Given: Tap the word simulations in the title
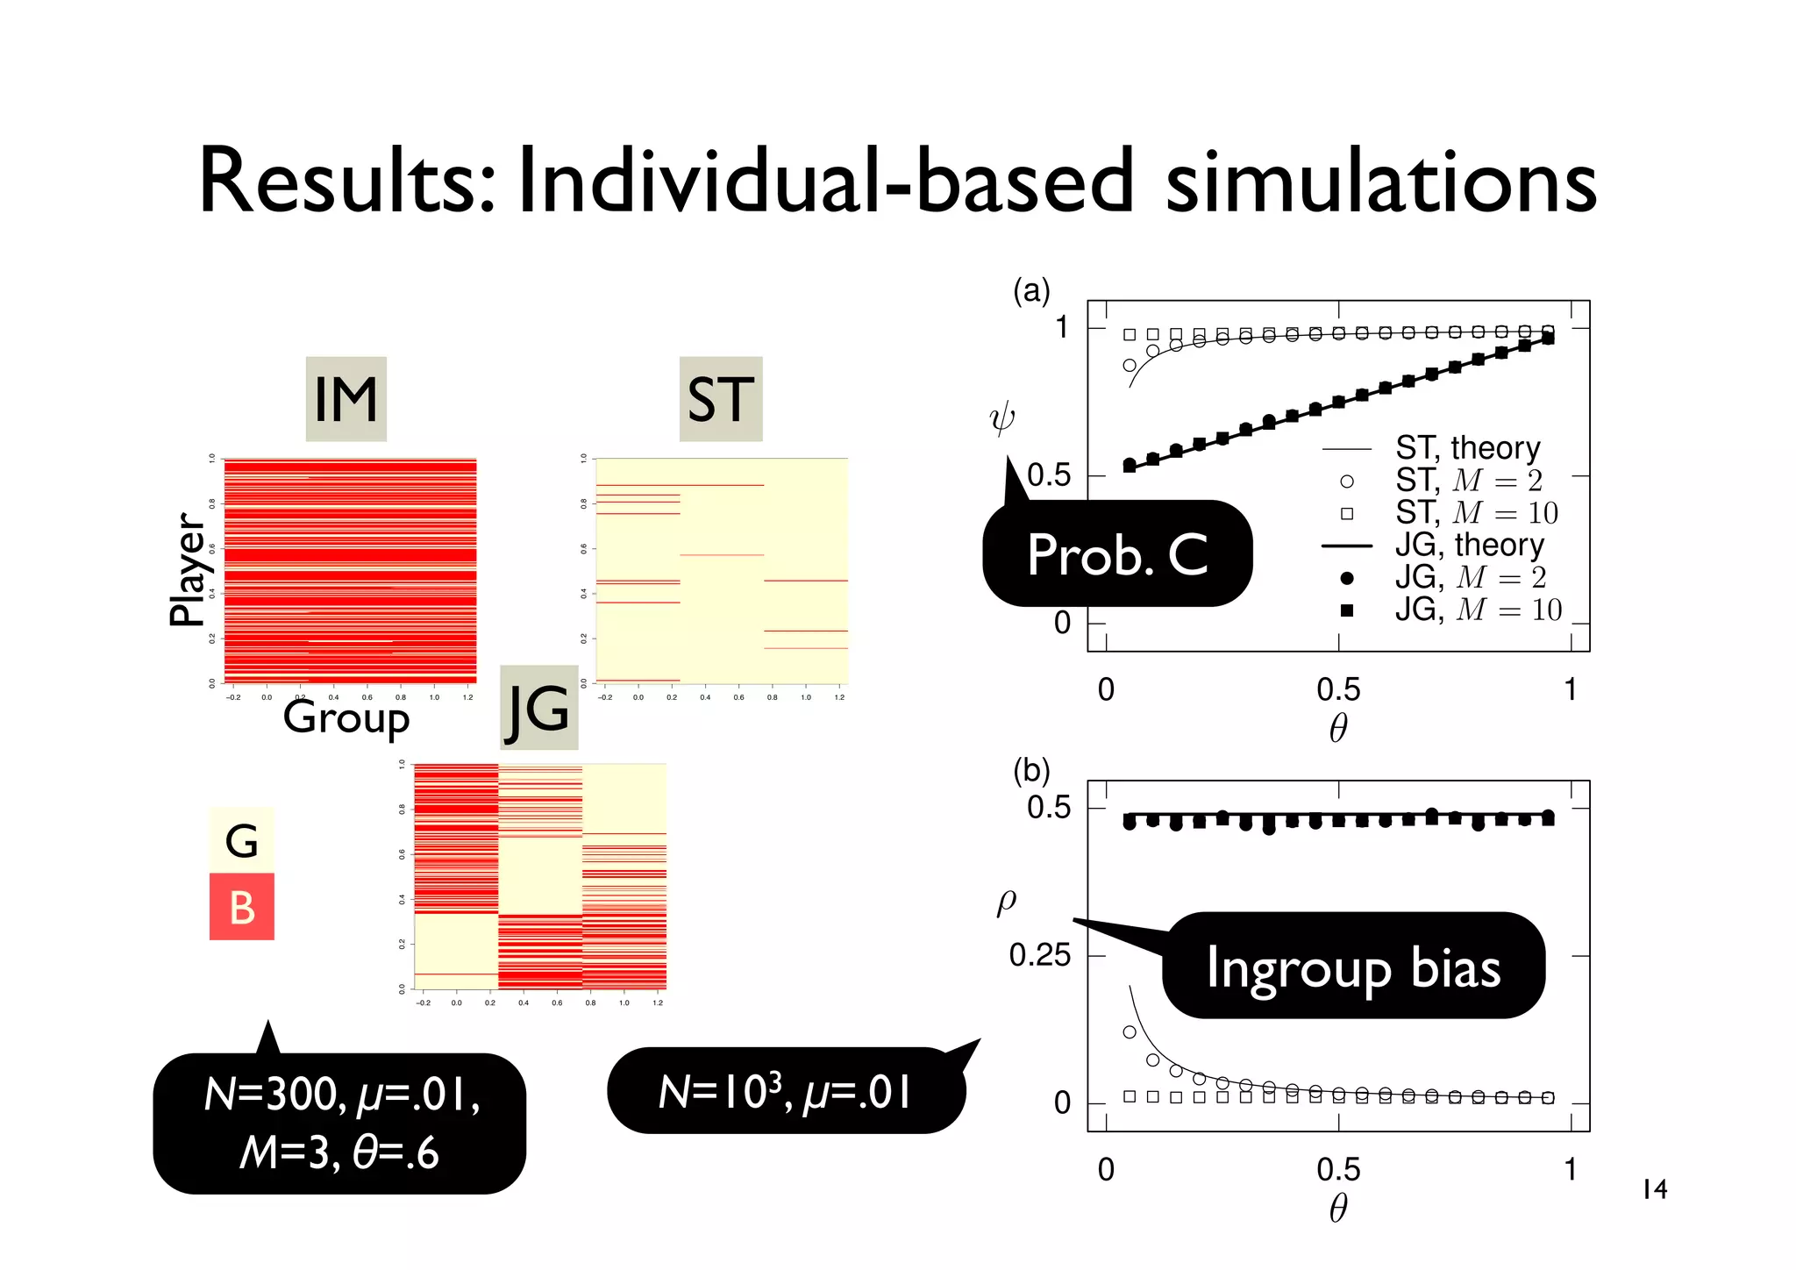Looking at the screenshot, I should [x=1380, y=182].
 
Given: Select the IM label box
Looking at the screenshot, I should [x=346, y=399].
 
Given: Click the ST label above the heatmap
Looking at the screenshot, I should [x=721, y=399].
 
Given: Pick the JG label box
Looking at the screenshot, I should [x=538, y=708].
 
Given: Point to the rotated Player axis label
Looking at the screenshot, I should [x=187, y=569].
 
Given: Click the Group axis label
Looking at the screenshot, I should [x=346, y=717].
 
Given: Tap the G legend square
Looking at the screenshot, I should [x=242, y=840].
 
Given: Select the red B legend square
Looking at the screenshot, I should [x=242, y=907].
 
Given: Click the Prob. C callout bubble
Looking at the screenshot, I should [x=1117, y=554].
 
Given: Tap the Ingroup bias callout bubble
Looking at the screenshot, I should [x=1353, y=967].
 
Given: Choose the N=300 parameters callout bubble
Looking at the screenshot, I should [x=339, y=1124].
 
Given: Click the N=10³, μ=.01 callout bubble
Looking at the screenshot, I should [x=786, y=1092].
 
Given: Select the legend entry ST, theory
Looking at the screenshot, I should [x=1467, y=448].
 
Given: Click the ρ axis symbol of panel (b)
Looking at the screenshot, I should [x=1007, y=901].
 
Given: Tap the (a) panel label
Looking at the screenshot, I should [x=1031, y=290].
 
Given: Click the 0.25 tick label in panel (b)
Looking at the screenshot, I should [x=1039, y=955].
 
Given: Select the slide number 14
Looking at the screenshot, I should [x=1654, y=1189].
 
